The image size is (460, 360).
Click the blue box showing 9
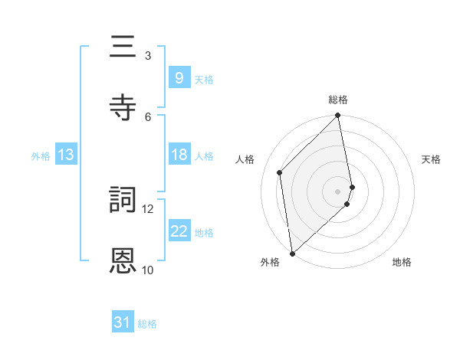click(x=179, y=77)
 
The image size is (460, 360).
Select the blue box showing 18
click(x=179, y=155)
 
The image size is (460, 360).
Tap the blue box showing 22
click(x=179, y=231)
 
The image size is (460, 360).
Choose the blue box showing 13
click(x=66, y=155)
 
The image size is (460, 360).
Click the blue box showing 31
click(x=123, y=323)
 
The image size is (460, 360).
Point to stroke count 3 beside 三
click(x=147, y=55)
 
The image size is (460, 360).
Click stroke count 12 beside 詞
click(x=148, y=208)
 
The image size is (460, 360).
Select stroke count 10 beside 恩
click(x=148, y=270)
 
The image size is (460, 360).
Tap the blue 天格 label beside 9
click(x=204, y=79)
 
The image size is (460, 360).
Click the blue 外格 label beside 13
click(x=41, y=155)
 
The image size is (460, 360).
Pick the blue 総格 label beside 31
click(x=147, y=324)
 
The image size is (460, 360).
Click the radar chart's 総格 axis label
click(x=338, y=100)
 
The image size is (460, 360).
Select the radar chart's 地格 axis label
click(x=402, y=262)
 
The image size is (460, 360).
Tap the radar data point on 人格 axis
click(x=280, y=172)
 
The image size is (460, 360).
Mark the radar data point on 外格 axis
click(x=292, y=253)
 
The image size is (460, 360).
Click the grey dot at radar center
click(x=338, y=191)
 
